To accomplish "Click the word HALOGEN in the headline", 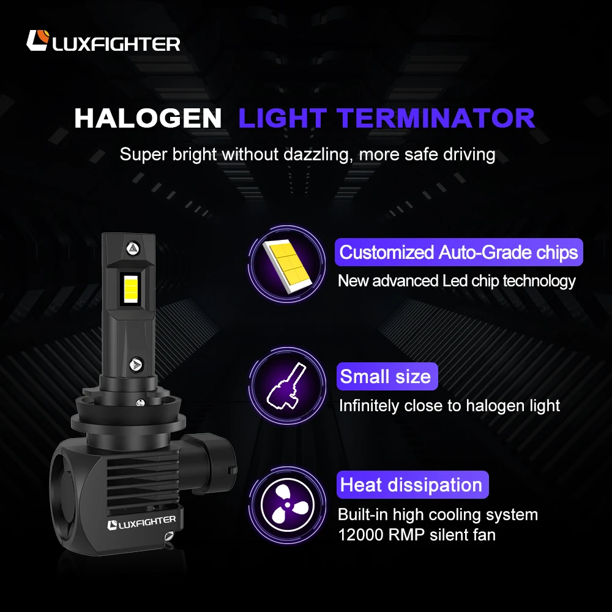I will tap(147, 119).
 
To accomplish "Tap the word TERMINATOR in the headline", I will tap(438, 118).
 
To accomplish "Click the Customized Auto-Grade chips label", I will tap(458, 252).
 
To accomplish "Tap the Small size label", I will tap(386, 376).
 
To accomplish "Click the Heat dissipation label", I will tap(411, 485).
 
